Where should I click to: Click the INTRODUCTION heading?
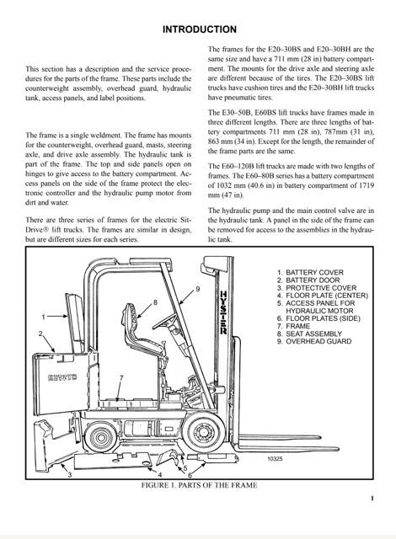[x=200, y=29]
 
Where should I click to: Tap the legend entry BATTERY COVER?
[x=314, y=273]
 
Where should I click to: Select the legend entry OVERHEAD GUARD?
[x=318, y=341]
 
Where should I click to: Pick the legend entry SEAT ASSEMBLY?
[x=313, y=334]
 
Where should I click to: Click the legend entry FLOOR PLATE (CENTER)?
[x=327, y=296]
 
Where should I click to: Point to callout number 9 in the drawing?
[x=198, y=289]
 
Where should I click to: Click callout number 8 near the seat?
[x=155, y=302]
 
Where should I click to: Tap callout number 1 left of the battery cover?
[x=43, y=317]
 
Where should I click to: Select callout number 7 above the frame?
[x=121, y=378]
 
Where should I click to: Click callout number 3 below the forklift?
[x=70, y=475]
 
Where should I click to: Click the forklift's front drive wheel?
[x=203, y=431]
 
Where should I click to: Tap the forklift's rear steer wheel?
[x=101, y=437]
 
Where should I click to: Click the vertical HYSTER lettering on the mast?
[x=223, y=312]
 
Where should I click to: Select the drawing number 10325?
[x=275, y=458]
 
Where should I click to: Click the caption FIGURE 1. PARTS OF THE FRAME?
[x=199, y=485]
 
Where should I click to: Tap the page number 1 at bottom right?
[x=372, y=498]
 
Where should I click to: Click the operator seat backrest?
[x=131, y=322]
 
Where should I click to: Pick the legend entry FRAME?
[x=297, y=326]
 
